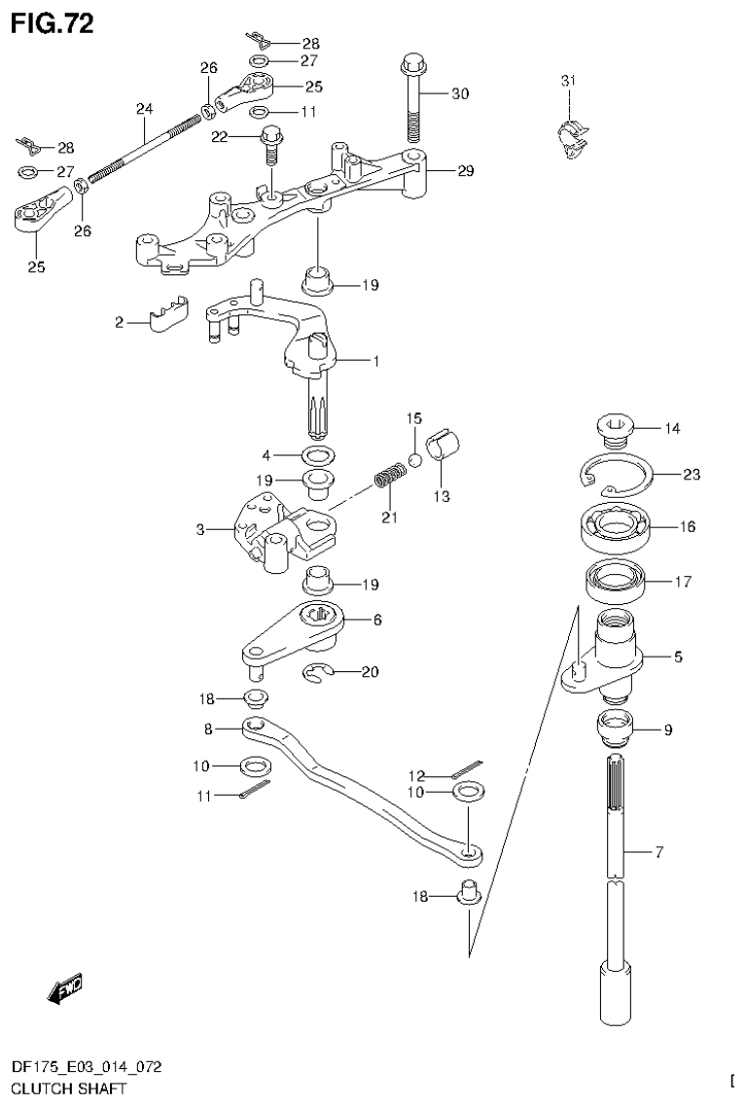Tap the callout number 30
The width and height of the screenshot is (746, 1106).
(x=459, y=94)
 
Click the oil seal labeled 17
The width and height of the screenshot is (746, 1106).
(x=616, y=583)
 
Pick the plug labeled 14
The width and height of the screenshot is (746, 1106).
(x=613, y=428)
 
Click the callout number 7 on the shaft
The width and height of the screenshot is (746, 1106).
(x=658, y=853)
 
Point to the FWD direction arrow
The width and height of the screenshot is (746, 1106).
(x=65, y=988)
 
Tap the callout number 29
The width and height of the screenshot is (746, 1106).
(x=465, y=171)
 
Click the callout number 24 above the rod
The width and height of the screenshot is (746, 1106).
(x=144, y=108)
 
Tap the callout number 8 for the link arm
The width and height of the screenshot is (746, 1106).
(x=208, y=728)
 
